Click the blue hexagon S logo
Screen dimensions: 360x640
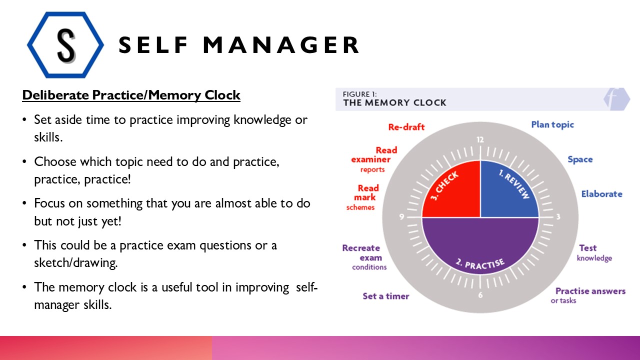click(65, 44)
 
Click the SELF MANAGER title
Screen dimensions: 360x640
click(239, 45)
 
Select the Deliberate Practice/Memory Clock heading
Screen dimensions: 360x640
click(131, 95)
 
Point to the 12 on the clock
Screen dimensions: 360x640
click(480, 140)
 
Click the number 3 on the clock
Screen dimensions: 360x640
click(557, 217)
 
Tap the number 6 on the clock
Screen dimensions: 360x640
click(480, 295)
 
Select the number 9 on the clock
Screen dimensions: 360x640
click(402, 217)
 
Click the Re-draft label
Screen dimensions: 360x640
click(406, 127)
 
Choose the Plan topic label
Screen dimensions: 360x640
click(552, 124)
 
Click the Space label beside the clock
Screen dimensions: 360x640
click(580, 159)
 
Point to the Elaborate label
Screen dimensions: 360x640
click(601, 194)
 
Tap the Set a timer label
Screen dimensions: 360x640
click(385, 296)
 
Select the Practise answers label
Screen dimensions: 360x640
click(590, 291)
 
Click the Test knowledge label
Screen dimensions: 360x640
click(594, 252)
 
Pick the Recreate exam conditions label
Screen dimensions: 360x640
click(364, 257)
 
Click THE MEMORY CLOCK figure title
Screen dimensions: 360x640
click(394, 102)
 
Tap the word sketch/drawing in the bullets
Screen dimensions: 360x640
click(75, 263)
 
